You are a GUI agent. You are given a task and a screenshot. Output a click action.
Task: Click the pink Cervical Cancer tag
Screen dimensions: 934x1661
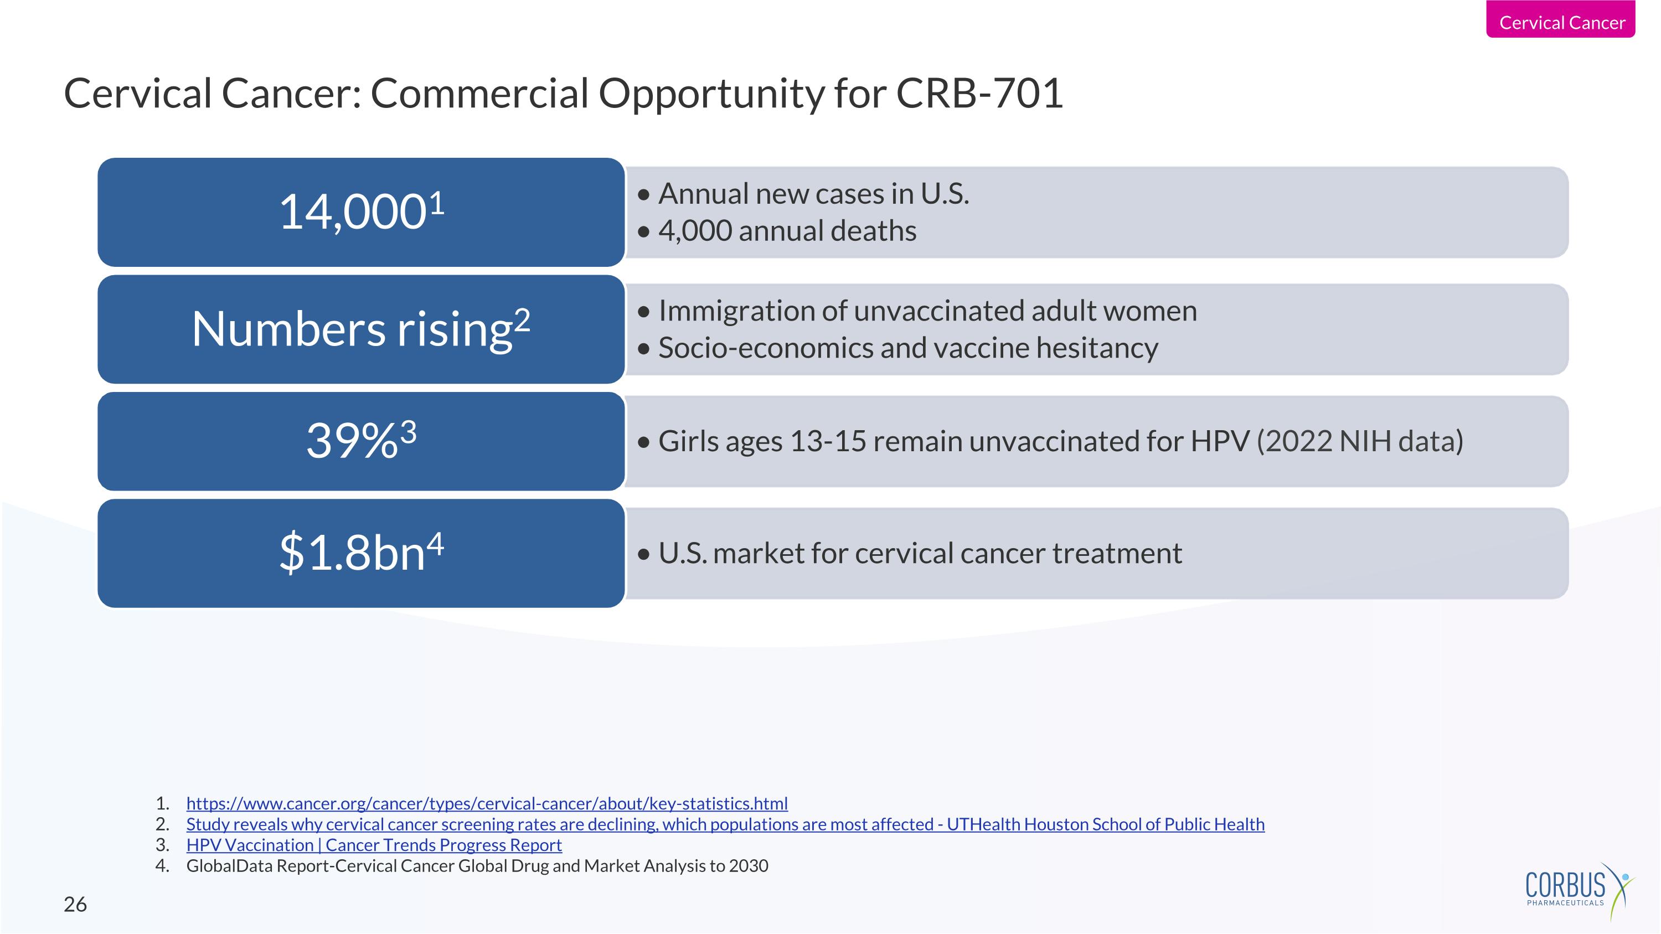1561,22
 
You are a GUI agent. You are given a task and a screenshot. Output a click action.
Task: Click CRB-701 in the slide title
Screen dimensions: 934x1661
979,94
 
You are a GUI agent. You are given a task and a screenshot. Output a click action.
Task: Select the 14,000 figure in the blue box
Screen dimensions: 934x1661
352,212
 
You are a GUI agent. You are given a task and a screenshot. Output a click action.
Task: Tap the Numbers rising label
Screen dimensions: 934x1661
352,329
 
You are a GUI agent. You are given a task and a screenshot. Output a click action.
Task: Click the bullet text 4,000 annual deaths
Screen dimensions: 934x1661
787,231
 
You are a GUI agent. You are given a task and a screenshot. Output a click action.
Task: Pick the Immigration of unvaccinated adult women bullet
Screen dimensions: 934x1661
927,311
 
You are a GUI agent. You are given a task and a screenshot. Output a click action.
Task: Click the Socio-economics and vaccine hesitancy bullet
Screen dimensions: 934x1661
907,348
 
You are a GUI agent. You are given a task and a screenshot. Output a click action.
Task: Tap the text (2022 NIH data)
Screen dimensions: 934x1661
1359,442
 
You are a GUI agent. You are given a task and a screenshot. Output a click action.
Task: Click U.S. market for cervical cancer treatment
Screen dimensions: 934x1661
920,554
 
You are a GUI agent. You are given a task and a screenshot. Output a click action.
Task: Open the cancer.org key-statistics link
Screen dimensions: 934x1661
487,804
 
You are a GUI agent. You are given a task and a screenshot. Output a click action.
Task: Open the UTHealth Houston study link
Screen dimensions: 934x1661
725,824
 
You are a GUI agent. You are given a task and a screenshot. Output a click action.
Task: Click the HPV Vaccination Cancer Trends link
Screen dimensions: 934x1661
374,845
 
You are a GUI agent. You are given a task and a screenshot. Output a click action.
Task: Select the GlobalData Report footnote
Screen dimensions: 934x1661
477,866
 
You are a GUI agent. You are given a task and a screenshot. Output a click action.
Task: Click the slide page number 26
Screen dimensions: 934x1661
75,904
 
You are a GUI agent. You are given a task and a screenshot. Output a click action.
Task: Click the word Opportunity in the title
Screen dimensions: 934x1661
711,94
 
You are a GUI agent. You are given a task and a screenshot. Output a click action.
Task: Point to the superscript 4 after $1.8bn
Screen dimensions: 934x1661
436,543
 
